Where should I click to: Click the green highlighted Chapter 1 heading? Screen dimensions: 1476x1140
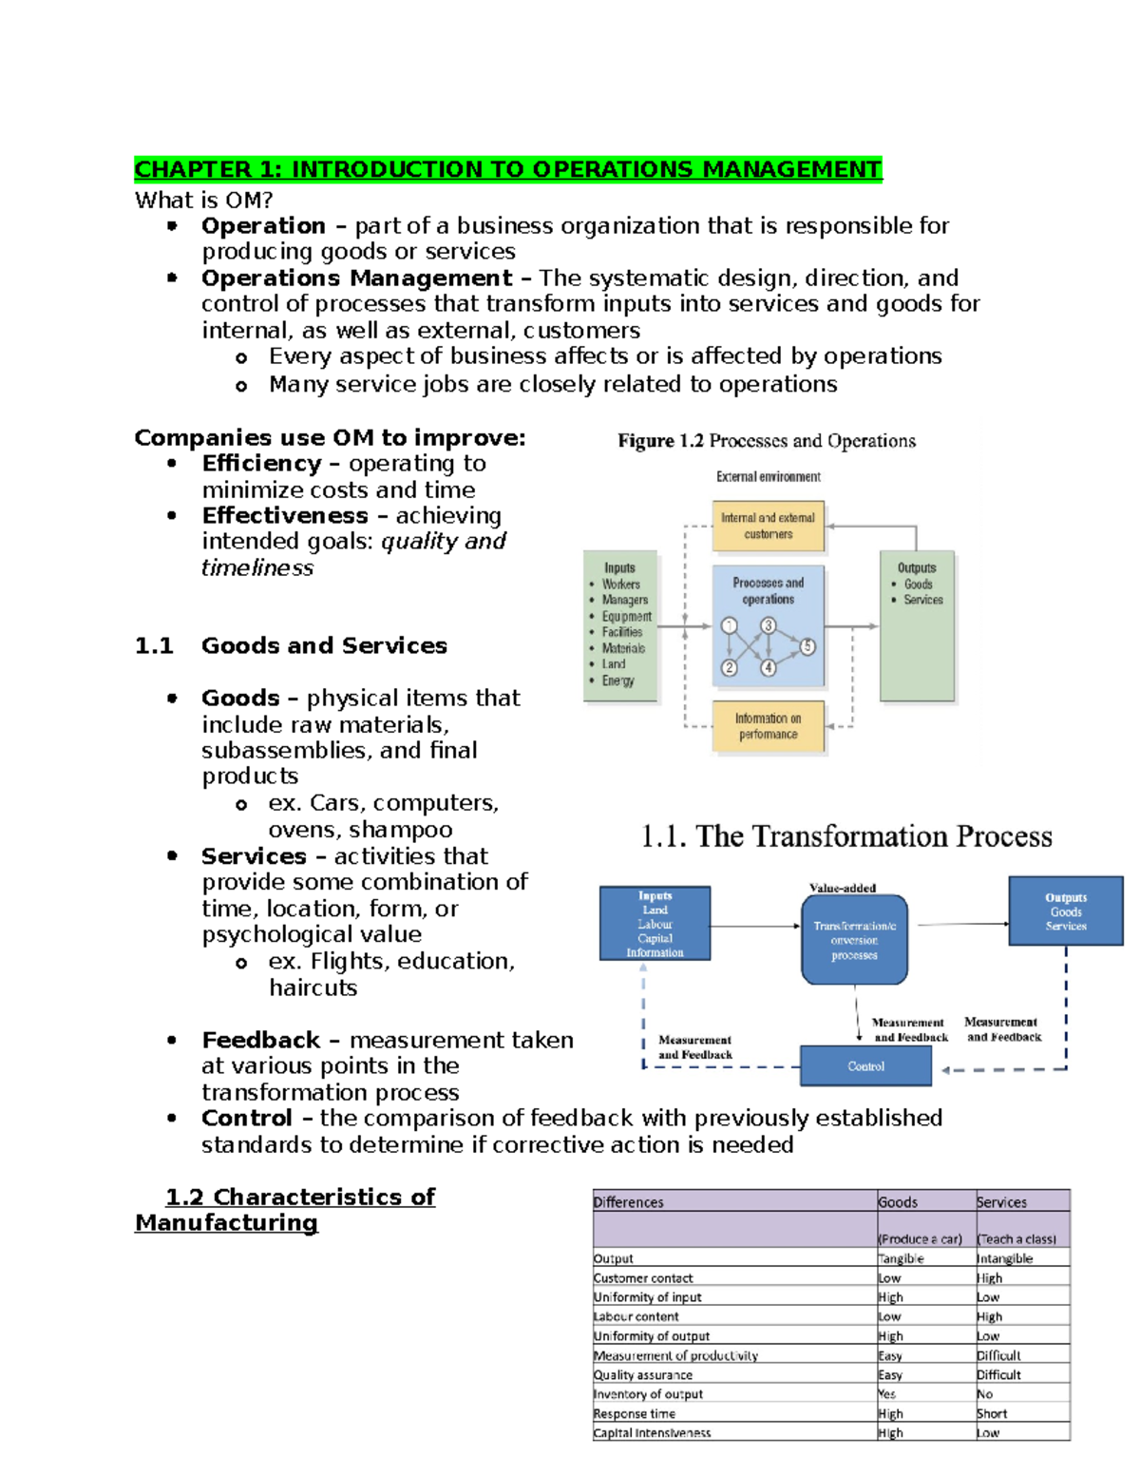pyautogui.click(x=508, y=169)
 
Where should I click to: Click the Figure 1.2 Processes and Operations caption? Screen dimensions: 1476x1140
pyautogui.click(x=767, y=441)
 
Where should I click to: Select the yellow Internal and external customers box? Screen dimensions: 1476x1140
pyautogui.click(x=768, y=527)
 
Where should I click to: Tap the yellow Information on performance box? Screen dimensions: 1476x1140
pyautogui.click(x=768, y=727)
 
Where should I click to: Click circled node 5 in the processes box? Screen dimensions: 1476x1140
pyautogui.click(x=807, y=646)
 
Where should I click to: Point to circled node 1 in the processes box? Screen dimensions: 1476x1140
pyautogui.click(x=729, y=625)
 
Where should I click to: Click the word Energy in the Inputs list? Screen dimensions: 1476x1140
pyautogui.click(x=617, y=680)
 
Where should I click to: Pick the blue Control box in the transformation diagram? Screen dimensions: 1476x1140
pyautogui.click(x=865, y=1066)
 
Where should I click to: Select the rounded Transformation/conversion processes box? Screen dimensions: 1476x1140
pyautogui.click(x=854, y=940)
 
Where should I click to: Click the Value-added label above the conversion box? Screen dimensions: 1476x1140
pyautogui.click(x=843, y=888)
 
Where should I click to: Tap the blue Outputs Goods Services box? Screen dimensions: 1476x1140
pyautogui.click(x=1065, y=911)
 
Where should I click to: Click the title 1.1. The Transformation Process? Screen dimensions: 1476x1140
pyautogui.click(x=846, y=836)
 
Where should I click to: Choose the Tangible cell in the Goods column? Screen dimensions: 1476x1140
pyautogui.click(x=902, y=1258)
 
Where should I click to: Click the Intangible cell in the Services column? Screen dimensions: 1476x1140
pyautogui.click(x=1005, y=1258)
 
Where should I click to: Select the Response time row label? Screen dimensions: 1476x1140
pyautogui.click(x=635, y=1413)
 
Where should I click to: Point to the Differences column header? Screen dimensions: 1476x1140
pyautogui.click(x=629, y=1202)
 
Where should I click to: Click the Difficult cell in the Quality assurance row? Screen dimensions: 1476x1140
pyautogui.click(x=998, y=1374)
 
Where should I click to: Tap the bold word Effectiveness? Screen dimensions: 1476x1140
pyautogui.click(x=285, y=515)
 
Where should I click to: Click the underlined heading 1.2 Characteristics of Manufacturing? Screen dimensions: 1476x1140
pyautogui.click(x=285, y=1210)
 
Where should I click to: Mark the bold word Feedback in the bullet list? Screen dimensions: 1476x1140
pyautogui.click(x=260, y=1040)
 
